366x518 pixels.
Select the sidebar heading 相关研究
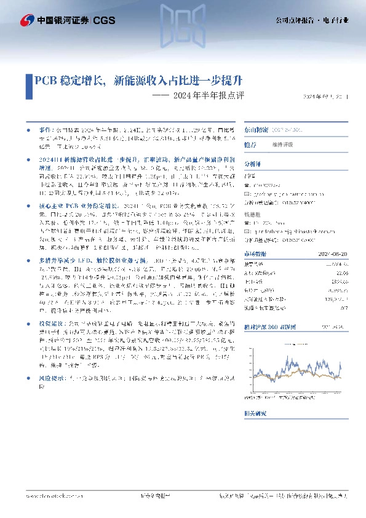(x=257, y=432)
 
